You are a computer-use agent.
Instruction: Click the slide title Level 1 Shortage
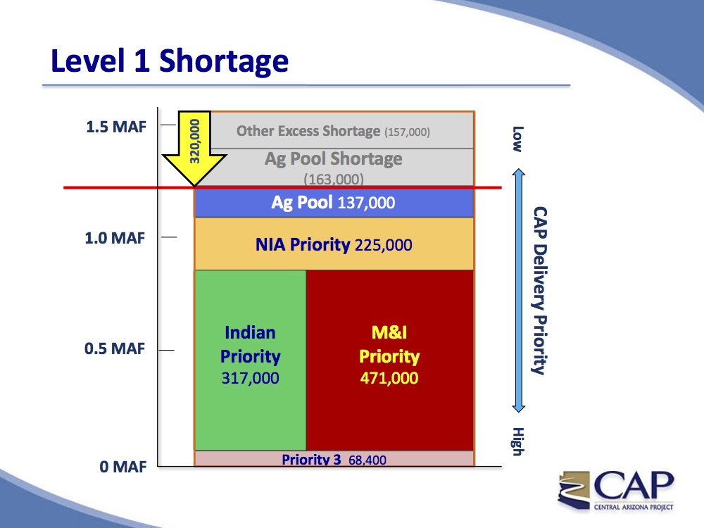[170, 61]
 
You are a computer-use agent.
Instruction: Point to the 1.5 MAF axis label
[116, 127]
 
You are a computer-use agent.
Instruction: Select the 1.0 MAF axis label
[115, 238]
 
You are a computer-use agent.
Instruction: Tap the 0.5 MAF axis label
[115, 348]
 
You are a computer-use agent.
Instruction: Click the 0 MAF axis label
[123, 467]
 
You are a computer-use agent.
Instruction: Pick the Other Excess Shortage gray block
[342, 130]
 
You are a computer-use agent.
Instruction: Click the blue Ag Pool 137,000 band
[334, 203]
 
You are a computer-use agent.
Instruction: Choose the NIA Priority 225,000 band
[334, 244]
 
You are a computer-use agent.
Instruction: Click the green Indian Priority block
[250, 360]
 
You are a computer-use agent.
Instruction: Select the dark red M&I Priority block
[390, 360]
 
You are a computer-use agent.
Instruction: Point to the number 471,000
[389, 378]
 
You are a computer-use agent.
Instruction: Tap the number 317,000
[250, 378]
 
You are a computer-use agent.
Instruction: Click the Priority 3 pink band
[334, 458]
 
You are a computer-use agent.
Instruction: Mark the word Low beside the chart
[517, 139]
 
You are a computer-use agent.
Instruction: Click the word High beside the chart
[517, 441]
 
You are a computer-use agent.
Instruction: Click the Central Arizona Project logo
[615, 490]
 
